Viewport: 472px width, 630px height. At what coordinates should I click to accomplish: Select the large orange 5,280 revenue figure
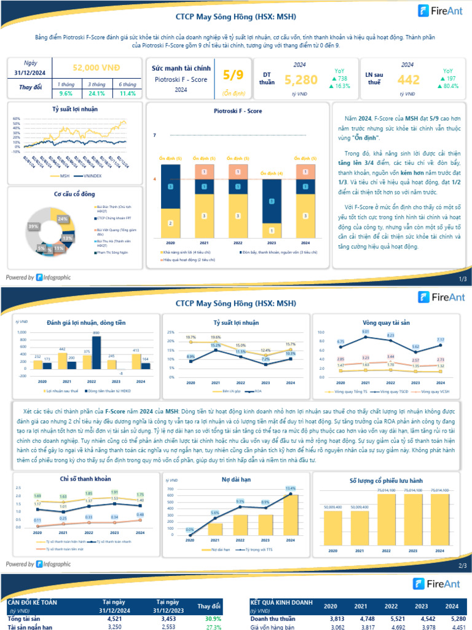point(301,79)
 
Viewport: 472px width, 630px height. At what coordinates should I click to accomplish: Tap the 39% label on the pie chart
point(33,227)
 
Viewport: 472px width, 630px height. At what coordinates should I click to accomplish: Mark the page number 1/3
point(463,279)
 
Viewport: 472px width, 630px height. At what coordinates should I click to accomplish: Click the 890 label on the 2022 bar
point(96,332)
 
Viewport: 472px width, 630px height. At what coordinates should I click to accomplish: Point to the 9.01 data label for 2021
point(365,332)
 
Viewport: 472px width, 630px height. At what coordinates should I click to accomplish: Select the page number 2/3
point(463,565)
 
